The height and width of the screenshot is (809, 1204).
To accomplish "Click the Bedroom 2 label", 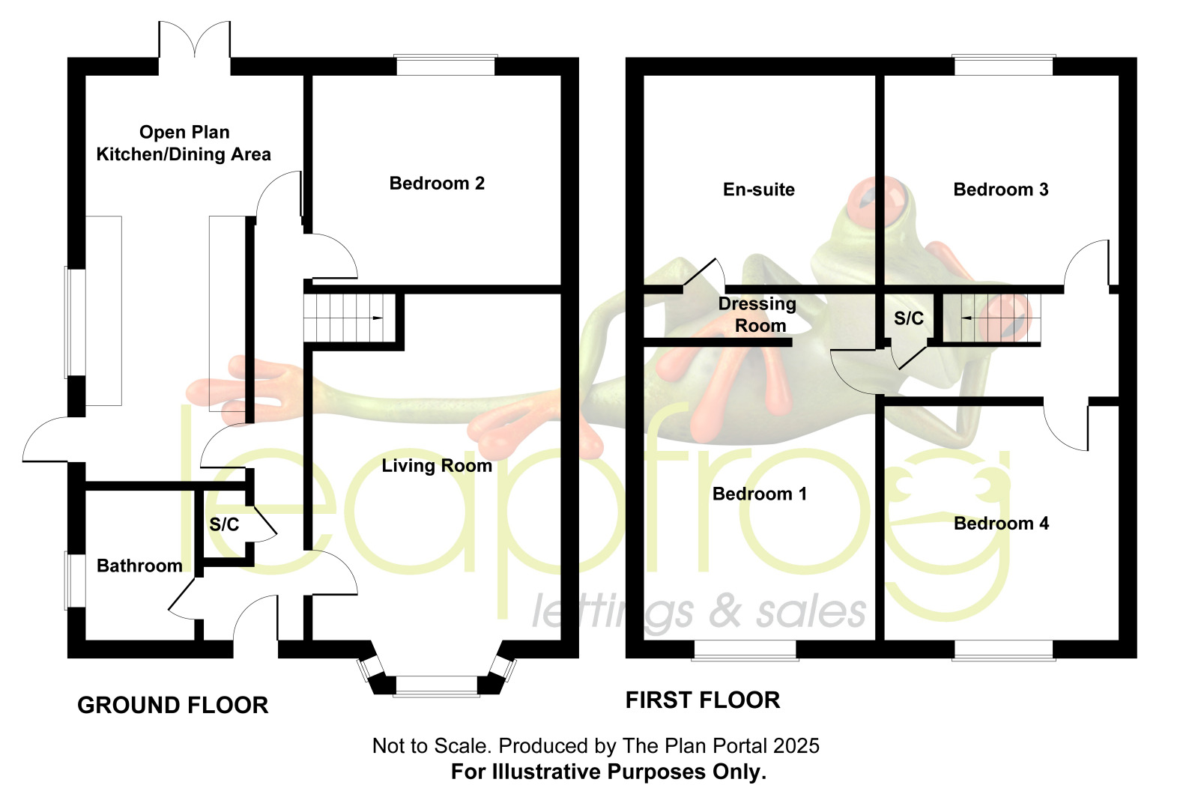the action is [x=437, y=184].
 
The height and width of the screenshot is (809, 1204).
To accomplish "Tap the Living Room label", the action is [x=437, y=465].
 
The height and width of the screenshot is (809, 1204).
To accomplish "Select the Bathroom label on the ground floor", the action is [x=140, y=566].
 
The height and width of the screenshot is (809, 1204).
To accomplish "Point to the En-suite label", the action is [x=759, y=190].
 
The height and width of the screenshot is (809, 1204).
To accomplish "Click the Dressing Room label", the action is [x=758, y=315].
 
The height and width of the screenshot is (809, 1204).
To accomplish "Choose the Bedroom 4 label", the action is [x=1002, y=524].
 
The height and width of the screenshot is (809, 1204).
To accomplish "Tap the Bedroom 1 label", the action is [x=760, y=494].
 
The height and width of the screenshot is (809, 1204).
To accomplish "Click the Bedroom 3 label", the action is [x=1001, y=190].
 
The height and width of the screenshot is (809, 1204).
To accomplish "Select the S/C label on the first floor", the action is [x=909, y=318].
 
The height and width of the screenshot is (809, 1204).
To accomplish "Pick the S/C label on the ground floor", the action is [x=224, y=524].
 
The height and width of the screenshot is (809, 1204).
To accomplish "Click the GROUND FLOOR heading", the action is [x=173, y=706].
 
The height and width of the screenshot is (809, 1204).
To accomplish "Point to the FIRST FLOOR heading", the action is [x=703, y=700].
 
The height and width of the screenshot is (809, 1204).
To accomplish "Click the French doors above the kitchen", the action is [x=195, y=40].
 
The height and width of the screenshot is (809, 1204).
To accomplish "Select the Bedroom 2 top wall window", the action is [x=446, y=66].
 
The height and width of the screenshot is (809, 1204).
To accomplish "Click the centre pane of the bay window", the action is [x=437, y=686].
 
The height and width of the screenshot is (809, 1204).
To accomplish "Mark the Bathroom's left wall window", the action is [x=75, y=581].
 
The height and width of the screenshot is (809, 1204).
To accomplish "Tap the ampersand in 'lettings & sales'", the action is [x=726, y=612].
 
